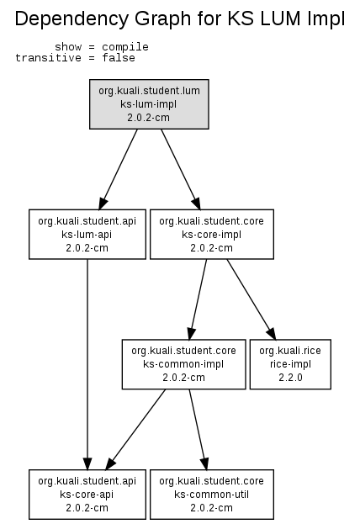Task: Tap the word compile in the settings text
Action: click(x=125, y=47)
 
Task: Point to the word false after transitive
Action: click(x=119, y=58)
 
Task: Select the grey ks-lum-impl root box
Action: click(x=149, y=104)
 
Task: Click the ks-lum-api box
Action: click(x=87, y=235)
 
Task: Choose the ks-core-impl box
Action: click(x=212, y=235)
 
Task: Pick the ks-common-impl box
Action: click(x=184, y=364)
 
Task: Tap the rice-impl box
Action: click(x=290, y=364)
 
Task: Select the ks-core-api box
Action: click(x=87, y=495)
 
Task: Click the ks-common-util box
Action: click(x=212, y=495)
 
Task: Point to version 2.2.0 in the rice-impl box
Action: click(x=290, y=378)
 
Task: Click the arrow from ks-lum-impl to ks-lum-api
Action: click(x=119, y=169)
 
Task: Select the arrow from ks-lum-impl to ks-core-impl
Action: click(x=181, y=169)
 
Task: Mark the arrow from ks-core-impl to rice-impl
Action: click(x=251, y=299)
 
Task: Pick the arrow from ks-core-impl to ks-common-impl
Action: click(x=198, y=299)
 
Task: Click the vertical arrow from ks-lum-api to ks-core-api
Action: click(x=87, y=364)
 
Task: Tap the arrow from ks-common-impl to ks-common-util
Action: click(x=199, y=430)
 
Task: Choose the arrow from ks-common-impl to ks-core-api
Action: click(x=135, y=430)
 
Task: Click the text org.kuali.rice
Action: click(x=290, y=351)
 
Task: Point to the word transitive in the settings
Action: click(x=48, y=58)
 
